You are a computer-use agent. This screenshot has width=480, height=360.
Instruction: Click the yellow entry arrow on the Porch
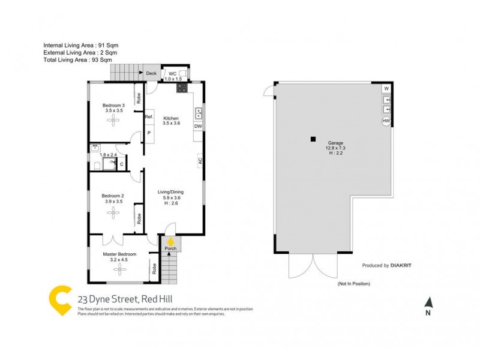pyautogui.click(x=170, y=241)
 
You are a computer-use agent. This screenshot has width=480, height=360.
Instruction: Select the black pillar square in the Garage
pyautogui.click(x=313, y=140)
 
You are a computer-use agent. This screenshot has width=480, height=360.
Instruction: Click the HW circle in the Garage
pyautogui.click(x=386, y=121)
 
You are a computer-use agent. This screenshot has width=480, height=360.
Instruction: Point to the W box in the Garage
pyautogui.click(x=386, y=89)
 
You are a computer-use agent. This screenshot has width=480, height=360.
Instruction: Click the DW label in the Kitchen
pyautogui.click(x=197, y=127)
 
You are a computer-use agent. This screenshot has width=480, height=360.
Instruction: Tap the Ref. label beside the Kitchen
pyautogui.click(x=148, y=117)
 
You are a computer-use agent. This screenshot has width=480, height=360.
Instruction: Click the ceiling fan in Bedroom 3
pyautogui.click(x=113, y=121)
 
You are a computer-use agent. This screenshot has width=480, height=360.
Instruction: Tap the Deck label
pyautogui.click(x=151, y=74)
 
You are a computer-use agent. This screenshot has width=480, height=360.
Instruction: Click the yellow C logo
pyautogui.click(x=60, y=300)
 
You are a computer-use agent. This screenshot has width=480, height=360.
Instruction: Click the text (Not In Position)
pyautogui.click(x=353, y=283)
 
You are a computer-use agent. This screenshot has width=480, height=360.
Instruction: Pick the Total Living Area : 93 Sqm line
pyautogui.click(x=77, y=60)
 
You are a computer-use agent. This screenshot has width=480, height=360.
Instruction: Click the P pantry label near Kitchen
pyautogui.click(x=148, y=133)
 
